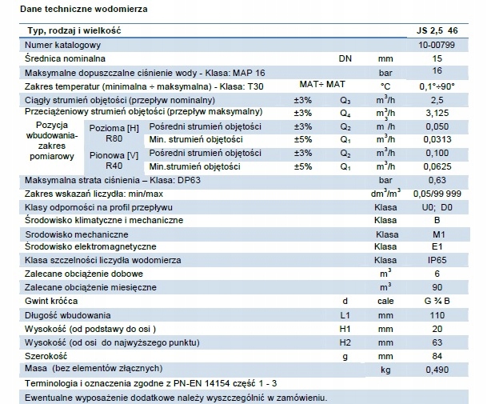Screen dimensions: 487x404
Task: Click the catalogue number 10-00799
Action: tap(437, 45)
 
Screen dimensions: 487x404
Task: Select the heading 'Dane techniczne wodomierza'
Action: tap(84, 9)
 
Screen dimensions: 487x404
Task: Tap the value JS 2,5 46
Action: tap(437, 30)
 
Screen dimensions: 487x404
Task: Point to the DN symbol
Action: tap(345, 58)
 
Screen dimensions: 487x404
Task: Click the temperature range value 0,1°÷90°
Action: tap(437, 86)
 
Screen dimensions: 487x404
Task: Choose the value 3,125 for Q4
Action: tap(437, 113)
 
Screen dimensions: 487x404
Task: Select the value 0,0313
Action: tap(437, 139)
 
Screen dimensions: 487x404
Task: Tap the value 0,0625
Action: tap(437, 166)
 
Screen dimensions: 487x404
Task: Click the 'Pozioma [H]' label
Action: tap(114, 128)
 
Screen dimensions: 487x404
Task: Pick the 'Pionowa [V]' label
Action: tap(114, 155)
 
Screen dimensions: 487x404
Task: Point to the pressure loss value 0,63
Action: tap(437, 180)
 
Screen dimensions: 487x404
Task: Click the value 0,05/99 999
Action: tap(437, 194)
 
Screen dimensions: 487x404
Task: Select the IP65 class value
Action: tap(437, 260)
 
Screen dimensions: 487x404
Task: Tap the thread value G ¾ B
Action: tap(437, 301)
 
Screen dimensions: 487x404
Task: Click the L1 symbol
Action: tap(345, 315)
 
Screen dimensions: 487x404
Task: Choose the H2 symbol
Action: tap(345, 342)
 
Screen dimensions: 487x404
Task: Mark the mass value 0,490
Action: tap(437, 370)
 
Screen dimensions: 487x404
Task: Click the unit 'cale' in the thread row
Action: tap(385, 301)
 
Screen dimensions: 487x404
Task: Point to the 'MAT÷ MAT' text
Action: tap(322, 84)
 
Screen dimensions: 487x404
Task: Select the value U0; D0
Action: tap(437, 207)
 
